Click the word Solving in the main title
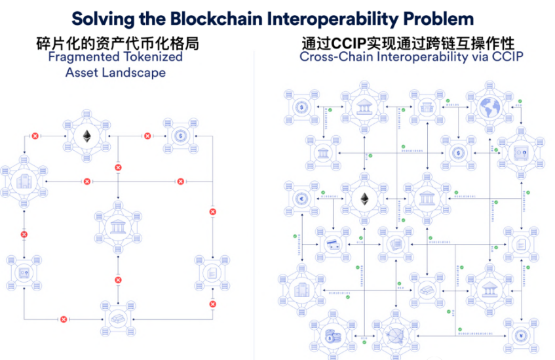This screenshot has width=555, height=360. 102,18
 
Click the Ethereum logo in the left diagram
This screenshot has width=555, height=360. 86,136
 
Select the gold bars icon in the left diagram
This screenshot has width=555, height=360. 119,319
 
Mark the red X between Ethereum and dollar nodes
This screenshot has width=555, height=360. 147,136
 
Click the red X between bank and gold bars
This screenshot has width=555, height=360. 119,280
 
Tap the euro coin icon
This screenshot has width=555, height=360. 302,199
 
